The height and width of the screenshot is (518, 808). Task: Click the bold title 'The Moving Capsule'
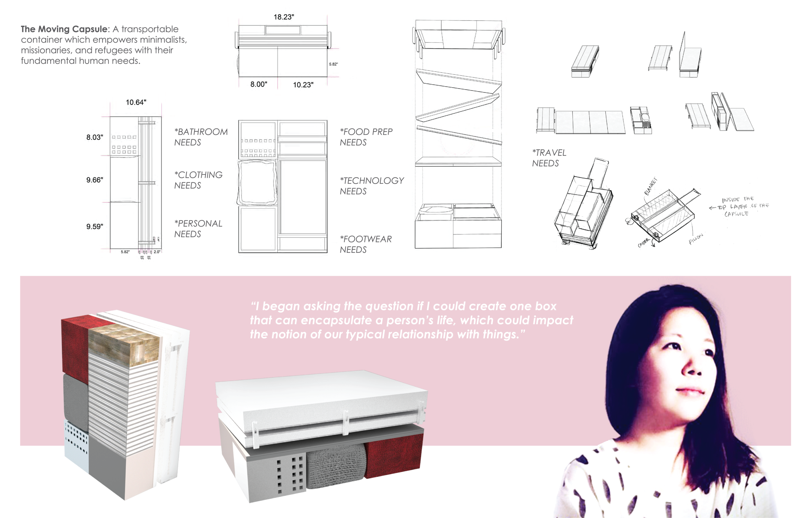click(x=65, y=29)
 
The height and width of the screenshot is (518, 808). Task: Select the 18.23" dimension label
click(x=284, y=17)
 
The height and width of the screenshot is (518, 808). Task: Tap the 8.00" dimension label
click(x=259, y=84)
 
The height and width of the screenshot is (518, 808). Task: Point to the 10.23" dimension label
click(x=303, y=85)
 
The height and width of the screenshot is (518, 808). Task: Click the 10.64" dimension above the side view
click(x=136, y=102)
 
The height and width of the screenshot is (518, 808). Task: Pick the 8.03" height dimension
click(x=94, y=137)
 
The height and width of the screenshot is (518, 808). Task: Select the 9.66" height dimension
click(x=94, y=180)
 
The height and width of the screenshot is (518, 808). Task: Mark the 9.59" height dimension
click(x=94, y=226)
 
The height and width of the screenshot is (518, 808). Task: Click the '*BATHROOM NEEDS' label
click(x=200, y=137)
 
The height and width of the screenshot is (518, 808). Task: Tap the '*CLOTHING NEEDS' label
click(x=198, y=180)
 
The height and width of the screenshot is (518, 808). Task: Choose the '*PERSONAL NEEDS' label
click(x=198, y=229)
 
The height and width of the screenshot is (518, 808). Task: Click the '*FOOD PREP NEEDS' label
click(x=366, y=137)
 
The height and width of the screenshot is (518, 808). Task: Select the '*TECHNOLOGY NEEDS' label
click(x=371, y=186)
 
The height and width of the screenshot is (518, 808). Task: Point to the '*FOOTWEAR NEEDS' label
click(x=365, y=244)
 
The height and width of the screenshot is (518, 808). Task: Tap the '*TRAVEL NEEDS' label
click(x=549, y=158)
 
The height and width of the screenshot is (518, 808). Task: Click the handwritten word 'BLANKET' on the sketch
click(x=650, y=186)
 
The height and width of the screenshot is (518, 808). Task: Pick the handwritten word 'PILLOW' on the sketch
click(x=696, y=239)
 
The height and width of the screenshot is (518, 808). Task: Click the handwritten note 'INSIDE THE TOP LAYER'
click(x=739, y=206)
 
